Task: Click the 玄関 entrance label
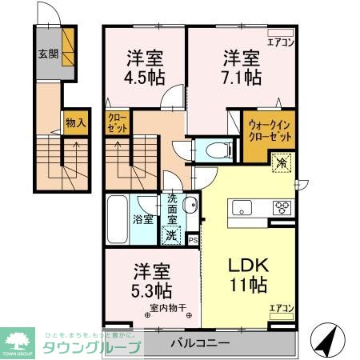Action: tap(47, 54)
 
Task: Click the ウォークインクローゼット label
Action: tap(268, 129)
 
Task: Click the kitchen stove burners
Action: tap(282, 207)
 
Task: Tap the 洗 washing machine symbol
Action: tap(170, 234)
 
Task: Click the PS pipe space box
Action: tap(193, 238)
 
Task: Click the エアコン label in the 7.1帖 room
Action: tap(279, 42)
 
